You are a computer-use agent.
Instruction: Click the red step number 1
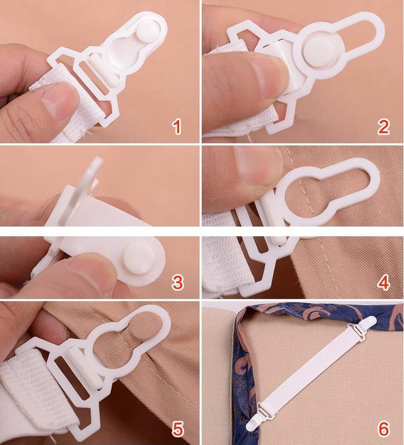177,127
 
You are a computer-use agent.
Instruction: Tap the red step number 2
383,127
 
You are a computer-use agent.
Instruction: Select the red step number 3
178,283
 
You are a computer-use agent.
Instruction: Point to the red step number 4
383,283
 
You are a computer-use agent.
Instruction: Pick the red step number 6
383,428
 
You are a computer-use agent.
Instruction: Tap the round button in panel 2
320,50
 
